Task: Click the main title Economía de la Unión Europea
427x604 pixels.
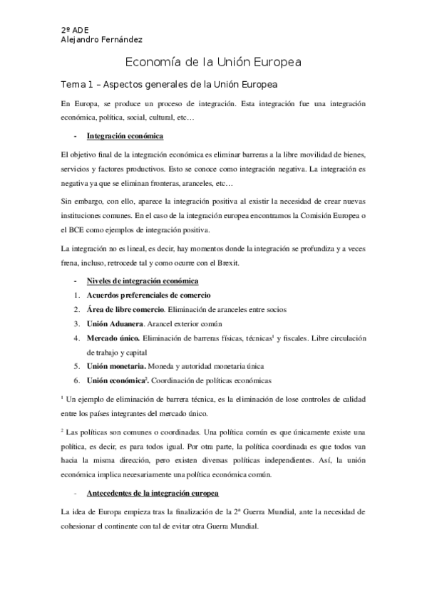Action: click(213, 62)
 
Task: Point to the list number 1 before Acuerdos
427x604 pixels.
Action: click(76, 295)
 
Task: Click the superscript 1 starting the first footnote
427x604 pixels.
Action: click(63, 398)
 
